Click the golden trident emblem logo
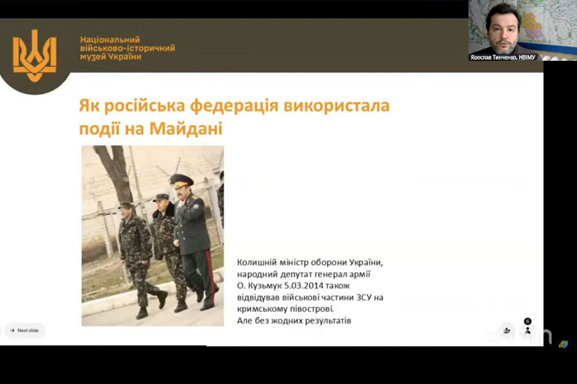coord(35,56)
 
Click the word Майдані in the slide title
coord(186,129)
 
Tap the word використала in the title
coord(337,106)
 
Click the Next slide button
coord(24,330)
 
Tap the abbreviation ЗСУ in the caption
coord(364,297)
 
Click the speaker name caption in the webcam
coord(503,58)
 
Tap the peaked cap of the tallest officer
coord(181,180)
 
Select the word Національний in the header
coord(110,40)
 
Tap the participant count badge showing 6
coord(528,321)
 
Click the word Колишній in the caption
coord(253,262)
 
